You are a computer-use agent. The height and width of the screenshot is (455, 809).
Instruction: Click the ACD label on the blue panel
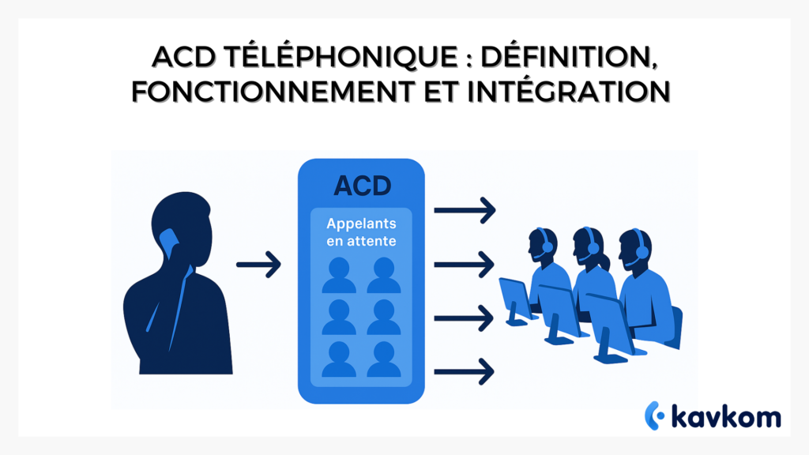pyautogui.click(x=361, y=186)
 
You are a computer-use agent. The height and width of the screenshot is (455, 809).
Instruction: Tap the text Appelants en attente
pyautogui.click(x=361, y=231)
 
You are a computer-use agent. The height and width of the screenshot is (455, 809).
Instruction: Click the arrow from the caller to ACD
pyautogui.click(x=258, y=265)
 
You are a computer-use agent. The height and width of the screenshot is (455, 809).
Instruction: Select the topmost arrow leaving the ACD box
pyautogui.click(x=465, y=210)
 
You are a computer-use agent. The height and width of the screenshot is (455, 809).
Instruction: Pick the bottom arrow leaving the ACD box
pyautogui.click(x=465, y=368)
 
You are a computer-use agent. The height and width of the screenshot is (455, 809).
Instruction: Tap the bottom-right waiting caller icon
pyautogui.click(x=384, y=359)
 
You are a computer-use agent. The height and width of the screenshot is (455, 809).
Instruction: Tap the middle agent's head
pyautogui.click(x=588, y=241)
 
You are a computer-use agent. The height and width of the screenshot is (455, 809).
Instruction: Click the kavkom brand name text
pyautogui.click(x=725, y=415)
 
